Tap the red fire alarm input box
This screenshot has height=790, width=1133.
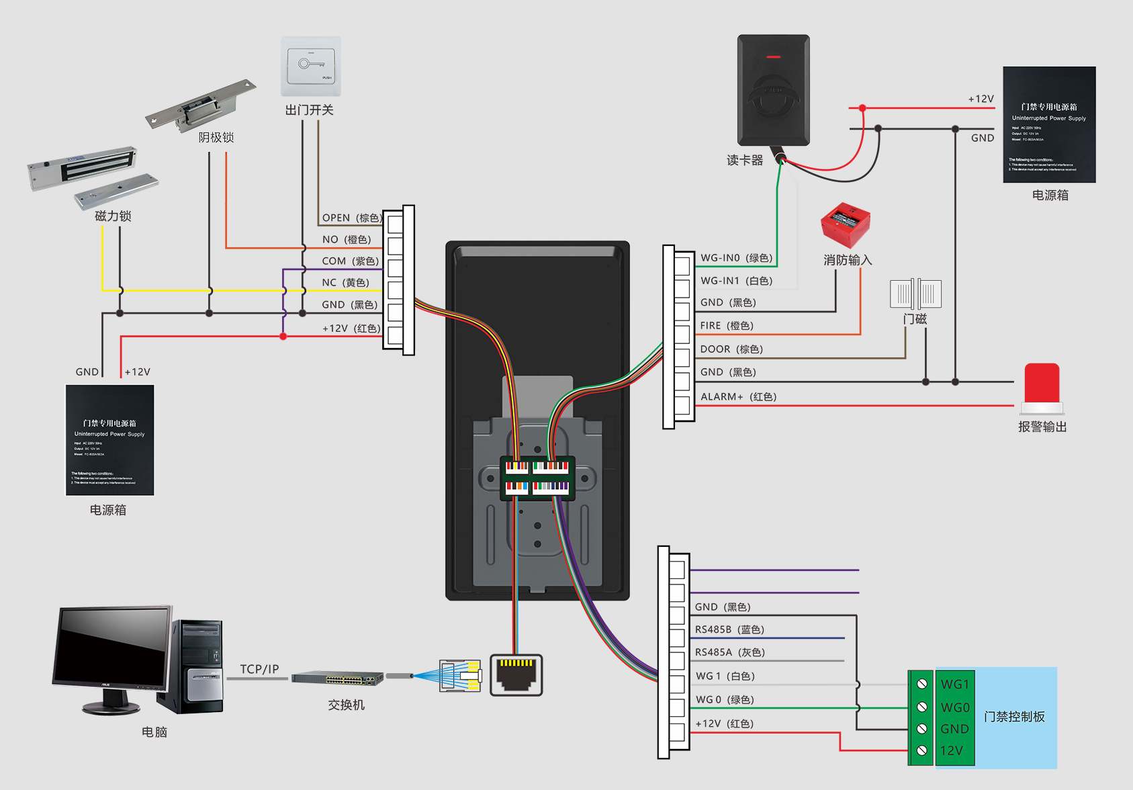[x=846, y=225]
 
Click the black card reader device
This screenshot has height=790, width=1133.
[x=774, y=90]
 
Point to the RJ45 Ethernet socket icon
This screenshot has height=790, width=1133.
[x=516, y=674]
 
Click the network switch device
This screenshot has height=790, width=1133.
[x=337, y=678]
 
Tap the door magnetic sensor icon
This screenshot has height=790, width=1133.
[x=915, y=294]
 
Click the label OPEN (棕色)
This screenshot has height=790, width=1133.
[x=351, y=218]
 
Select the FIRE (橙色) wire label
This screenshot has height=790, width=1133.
[x=727, y=326]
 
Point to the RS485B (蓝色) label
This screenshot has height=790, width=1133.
[x=729, y=629]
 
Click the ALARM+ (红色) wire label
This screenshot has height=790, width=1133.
[x=738, y=397]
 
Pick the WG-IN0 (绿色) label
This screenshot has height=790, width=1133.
[x=736, y=258]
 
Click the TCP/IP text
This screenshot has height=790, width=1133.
[x=259, y=669]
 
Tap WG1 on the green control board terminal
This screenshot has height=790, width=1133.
[x=954, y=685]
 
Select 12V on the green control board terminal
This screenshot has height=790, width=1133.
[x=951, y=750]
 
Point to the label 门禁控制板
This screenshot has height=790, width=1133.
[x=1014, y=717]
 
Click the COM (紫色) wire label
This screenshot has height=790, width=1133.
[x=350, y=261]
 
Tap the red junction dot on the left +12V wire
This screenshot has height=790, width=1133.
[x=283, y=337]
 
